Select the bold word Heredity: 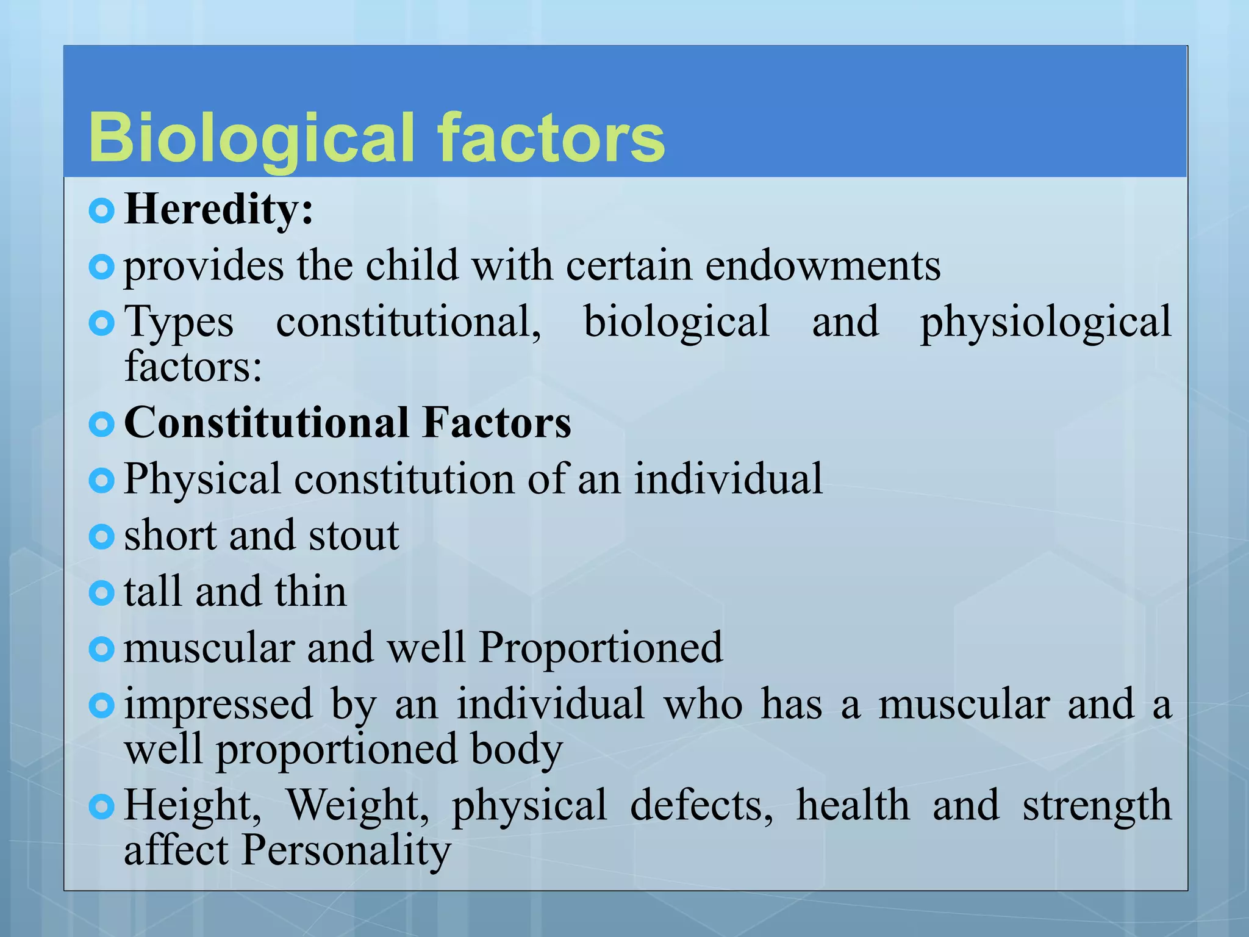click(218, 209)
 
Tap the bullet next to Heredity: click(101, 211)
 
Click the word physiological click(1045, 322)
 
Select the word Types click(179, 322)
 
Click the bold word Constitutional click(267, 422)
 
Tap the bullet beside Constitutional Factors click(101, 424)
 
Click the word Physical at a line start click(202, 479)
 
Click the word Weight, click(358, 805)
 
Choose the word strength click(1097, 805)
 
